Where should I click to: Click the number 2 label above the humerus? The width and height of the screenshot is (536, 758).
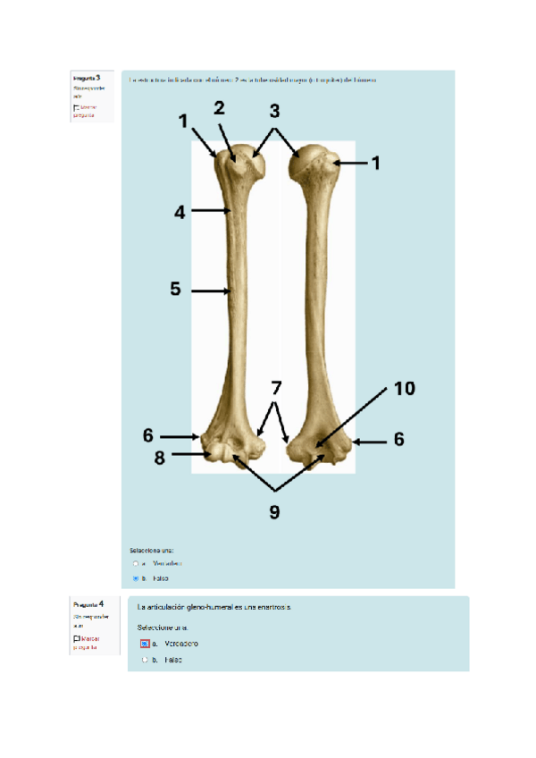click(x=220, y=108)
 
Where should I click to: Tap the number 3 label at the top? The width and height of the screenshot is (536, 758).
click(x=274, y=111)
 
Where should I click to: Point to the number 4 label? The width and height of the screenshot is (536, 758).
click(x=180, y=213)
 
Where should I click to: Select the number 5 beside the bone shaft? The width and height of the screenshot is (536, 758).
click(x=176, y=290)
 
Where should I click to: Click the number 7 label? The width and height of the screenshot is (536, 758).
click(x=276, y=389)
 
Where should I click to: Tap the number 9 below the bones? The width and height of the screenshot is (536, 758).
click(x=275, y=511)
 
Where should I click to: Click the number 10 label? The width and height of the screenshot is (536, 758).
click(x=406, y=388)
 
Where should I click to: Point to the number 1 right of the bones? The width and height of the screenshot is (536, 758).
click(x=376, y=163)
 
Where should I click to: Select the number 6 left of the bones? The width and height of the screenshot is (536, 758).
click(x=148, y=436)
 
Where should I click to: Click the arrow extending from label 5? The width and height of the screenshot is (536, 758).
click(x=209, y=291)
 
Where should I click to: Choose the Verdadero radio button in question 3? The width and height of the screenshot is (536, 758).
click(x=136, y=564)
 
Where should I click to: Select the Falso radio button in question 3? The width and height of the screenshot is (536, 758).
click(x=136, y=578)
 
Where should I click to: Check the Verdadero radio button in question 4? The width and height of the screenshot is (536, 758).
click(x=144, y=644)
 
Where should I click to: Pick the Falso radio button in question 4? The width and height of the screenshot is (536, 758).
click(x=144, y=660)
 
